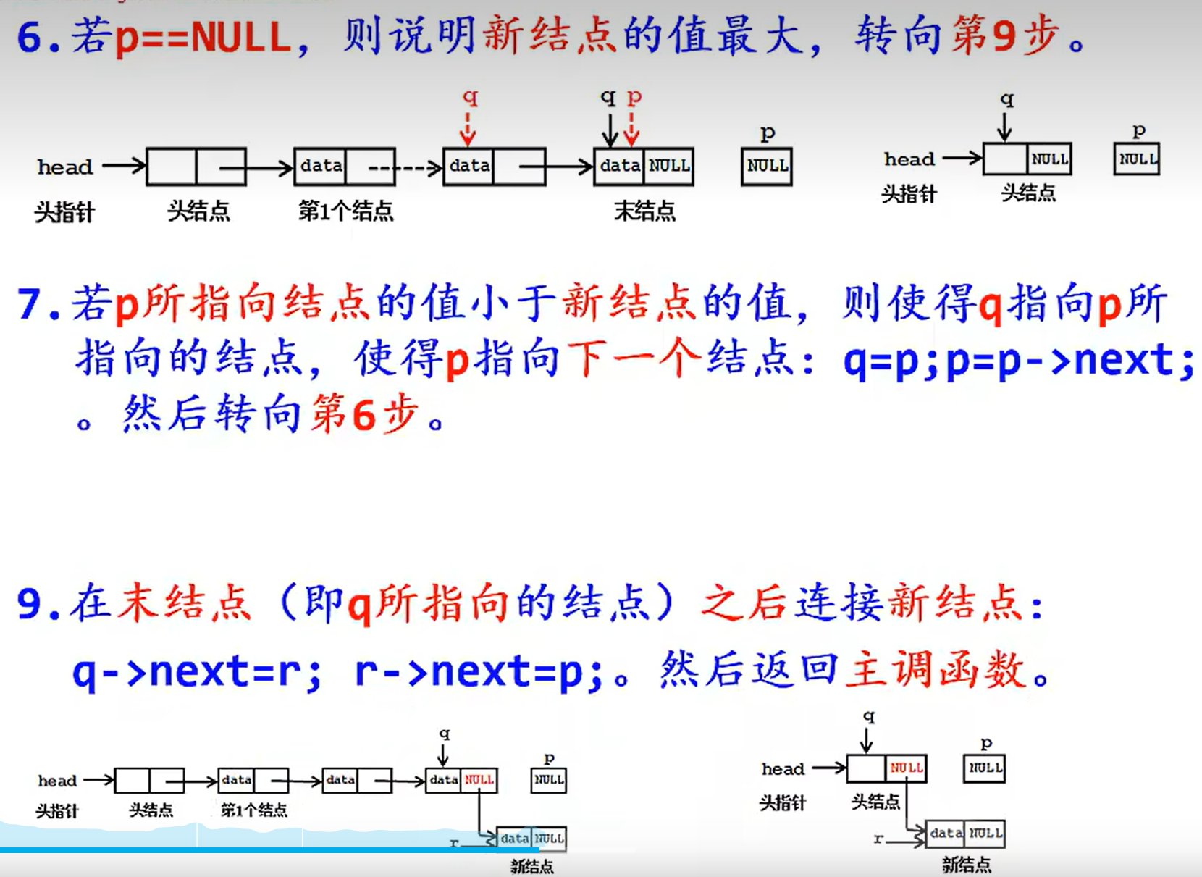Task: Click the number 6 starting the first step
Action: click(x=30, y=37)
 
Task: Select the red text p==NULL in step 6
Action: click(x=202, y=37)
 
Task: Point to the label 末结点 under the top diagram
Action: click(x=644, y=211)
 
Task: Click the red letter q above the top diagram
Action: click(x=470, y=97)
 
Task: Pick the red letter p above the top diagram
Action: click(x=634, y=97)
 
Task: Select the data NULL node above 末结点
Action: click(x=644, y=167)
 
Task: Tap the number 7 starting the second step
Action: click(x=30, y=303)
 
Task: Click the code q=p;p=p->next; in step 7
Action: click(x=1018, y=360)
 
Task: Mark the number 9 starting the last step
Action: click(x=30, y=603)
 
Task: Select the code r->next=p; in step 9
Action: click(x=479, y=672)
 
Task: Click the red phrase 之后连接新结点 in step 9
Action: click(x=865, y=603)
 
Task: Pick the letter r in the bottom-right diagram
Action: click(x=878, y=839)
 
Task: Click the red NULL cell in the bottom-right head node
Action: click(x=906, y=768)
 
